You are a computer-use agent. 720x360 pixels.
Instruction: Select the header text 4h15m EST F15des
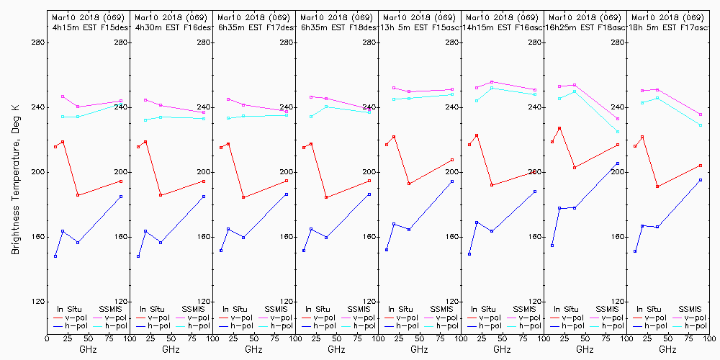tap(88, 27)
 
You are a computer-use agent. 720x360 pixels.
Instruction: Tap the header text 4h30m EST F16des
tap(171, 27)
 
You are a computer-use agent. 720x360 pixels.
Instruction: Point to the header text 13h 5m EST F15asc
tap(418, 27)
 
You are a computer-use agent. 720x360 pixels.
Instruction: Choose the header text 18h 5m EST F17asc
tap(667, 27)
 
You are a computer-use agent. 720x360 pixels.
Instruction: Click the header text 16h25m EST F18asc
tap(584, 27)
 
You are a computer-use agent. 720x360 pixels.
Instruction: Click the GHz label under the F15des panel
tap(88, 350)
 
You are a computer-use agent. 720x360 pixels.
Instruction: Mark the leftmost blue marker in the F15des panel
tap(55, 256)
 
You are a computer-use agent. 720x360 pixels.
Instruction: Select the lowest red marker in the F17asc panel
tap(657, 186)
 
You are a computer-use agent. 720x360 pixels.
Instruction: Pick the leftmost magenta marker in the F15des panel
tap(63, 96)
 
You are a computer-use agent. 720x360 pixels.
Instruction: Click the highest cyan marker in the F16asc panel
tap(492, 88)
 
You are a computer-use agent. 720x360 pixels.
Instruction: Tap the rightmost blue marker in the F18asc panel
tap(618, 163)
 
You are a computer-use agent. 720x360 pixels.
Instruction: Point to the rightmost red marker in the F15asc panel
tap(452, 160)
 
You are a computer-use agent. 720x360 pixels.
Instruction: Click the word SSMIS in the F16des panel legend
tap(194, 309)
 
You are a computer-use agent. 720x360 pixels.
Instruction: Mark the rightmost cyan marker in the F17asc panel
tap(701, 125)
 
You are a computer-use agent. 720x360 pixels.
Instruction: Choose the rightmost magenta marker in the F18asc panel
tap(618, 119)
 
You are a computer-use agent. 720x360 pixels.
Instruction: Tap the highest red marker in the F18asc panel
tap(559, 128)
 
